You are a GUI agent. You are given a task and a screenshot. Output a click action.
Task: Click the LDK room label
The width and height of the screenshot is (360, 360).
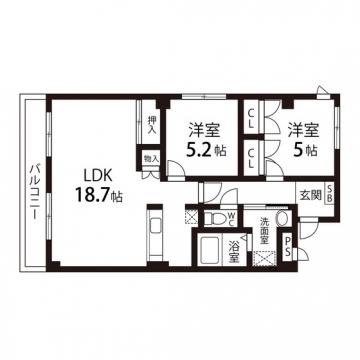point(94,175)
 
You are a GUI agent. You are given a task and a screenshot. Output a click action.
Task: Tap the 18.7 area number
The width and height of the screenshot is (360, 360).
point(94,195)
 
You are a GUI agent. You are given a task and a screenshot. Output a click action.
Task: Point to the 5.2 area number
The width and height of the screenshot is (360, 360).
point(199,150)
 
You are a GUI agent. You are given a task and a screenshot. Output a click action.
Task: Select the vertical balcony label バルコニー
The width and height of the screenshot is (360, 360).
point(34,191)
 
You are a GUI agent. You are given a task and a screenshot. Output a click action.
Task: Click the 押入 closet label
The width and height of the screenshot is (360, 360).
point(152,125)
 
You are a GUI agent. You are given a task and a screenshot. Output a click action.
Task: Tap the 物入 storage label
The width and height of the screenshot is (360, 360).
point(151,159)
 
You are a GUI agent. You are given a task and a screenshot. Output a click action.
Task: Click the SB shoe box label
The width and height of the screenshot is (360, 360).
point(328,194)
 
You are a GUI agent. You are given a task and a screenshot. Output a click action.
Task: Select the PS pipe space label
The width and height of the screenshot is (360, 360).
point(287,246)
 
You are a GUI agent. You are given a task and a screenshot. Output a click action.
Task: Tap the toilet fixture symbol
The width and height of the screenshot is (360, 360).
point(215,219)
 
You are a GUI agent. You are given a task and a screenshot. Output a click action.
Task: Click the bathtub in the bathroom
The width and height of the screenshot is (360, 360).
point(210,251)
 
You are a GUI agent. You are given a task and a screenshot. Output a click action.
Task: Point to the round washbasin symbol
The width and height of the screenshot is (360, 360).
point(283,219)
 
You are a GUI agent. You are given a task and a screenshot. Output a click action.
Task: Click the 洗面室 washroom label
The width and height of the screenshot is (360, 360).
point(265,231)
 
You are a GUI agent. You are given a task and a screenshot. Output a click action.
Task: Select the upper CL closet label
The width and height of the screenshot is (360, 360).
point(251,120)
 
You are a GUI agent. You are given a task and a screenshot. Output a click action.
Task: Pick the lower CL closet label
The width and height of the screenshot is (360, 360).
point(251,159)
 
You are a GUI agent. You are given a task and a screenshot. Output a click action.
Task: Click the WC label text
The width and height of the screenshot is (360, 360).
point(231,219)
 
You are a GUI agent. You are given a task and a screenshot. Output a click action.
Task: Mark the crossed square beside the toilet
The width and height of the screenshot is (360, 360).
point(192,216)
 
